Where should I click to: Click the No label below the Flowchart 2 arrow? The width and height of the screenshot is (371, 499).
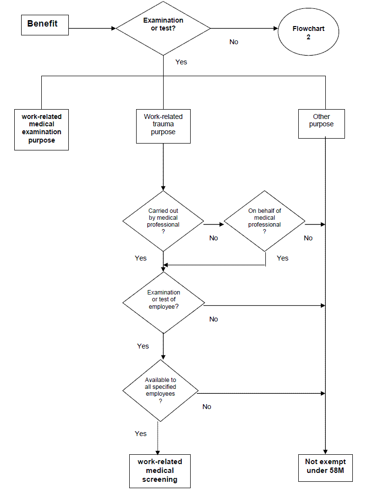(x=234, y=42)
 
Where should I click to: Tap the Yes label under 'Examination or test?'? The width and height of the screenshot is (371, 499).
(x=181, y=62)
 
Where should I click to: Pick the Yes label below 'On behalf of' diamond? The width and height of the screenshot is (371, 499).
(x=283, y=258)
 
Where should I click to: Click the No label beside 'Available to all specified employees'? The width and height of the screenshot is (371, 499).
(x=207, y=407)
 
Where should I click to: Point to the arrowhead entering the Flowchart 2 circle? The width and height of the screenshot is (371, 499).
(x=276, y=29)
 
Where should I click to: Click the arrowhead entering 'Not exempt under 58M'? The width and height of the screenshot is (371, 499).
(x=325, y=452)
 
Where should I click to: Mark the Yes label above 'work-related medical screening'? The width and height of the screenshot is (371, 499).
(x=141, y=434)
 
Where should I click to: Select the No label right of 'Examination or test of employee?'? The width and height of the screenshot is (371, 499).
(x=213, y=319)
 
